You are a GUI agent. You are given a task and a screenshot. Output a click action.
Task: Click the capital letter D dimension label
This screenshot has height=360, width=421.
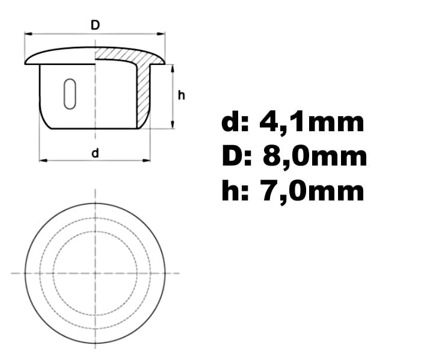[95, 25]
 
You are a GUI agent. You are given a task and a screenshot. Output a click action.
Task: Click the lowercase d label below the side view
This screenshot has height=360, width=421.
[95, 153]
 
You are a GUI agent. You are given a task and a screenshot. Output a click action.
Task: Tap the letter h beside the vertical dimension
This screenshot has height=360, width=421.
[181, 95]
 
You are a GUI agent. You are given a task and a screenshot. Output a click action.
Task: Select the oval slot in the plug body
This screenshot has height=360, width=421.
[70, 94]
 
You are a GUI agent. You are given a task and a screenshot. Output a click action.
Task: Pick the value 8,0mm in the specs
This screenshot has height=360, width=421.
[315, 157]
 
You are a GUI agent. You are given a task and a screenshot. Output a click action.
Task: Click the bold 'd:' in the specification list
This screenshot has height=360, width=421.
[234, 122]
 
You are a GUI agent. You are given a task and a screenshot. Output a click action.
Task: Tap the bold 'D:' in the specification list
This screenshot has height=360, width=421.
[235, 157]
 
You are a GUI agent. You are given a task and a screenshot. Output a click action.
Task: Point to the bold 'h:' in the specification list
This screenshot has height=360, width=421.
[234, 191]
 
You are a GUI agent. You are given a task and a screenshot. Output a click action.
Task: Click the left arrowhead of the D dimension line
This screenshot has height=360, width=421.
[27, 35]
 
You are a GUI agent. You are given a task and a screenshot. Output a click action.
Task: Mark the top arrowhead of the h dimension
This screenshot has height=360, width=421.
[173, 67]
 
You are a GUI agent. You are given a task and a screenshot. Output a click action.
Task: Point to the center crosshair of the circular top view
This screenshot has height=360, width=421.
[95, 273]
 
